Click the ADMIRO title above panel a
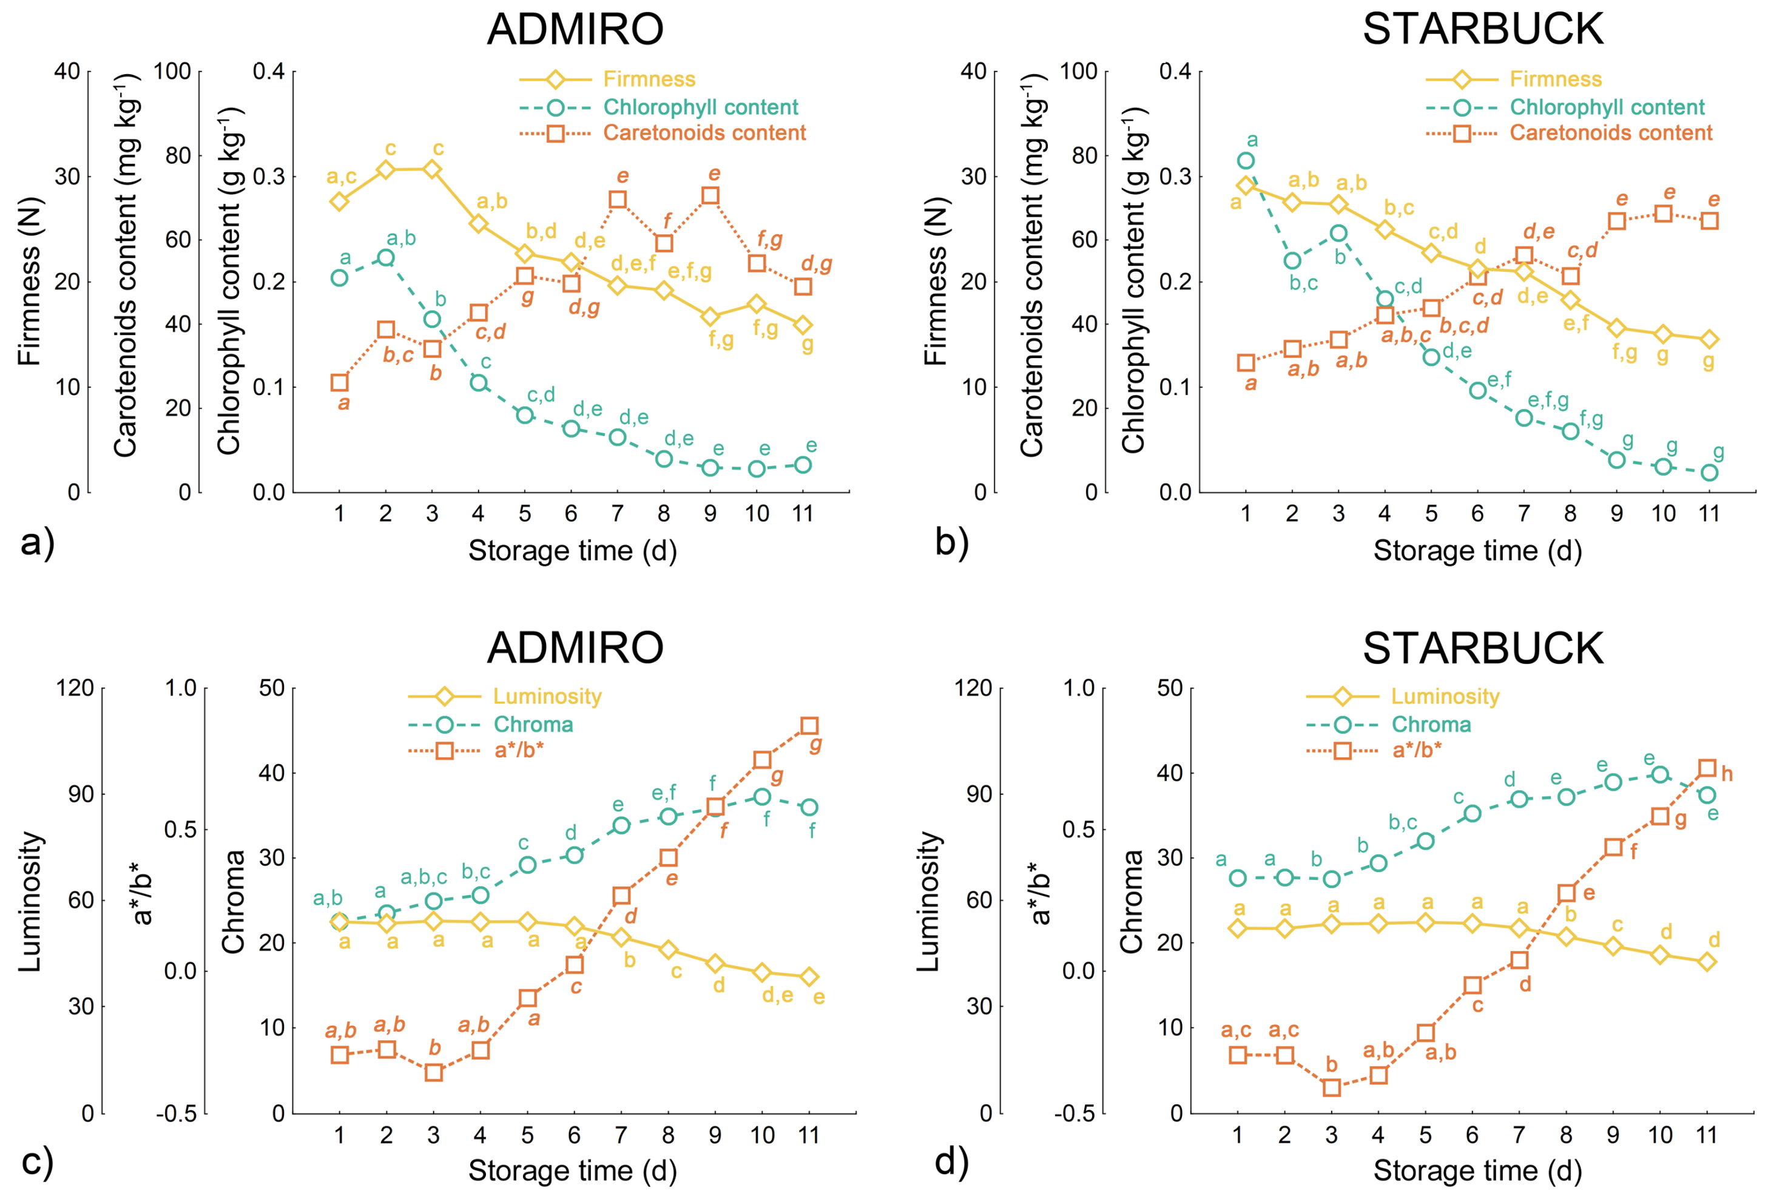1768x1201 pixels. (x=575, y=29)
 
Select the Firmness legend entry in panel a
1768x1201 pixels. (x=607, y=79)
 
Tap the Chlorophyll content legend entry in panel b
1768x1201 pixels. (x=1565, y=107)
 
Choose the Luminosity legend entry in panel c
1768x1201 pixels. (x=504, y=697)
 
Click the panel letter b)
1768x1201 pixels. (x=952, y=543)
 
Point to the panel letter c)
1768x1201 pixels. (x=37, y=1163)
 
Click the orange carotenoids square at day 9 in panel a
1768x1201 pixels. (x=710, y=195)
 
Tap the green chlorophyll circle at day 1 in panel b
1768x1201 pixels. (x=1246, y=161)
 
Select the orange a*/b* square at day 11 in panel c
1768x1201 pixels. (x=809, y=725)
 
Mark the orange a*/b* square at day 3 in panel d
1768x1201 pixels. (x=1331, y=1088)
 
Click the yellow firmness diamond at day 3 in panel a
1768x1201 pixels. (x=432, y=169)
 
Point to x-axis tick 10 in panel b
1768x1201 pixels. (x=1663, y=515)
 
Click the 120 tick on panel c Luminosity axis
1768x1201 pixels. (x=76, y=688)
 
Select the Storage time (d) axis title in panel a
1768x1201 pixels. (x=572, y=550)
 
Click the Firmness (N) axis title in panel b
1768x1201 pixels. (x=936, y=282)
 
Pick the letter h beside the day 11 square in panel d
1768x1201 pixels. (x=1727, y=774)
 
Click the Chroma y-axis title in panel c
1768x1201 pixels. (x=234, y=901)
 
